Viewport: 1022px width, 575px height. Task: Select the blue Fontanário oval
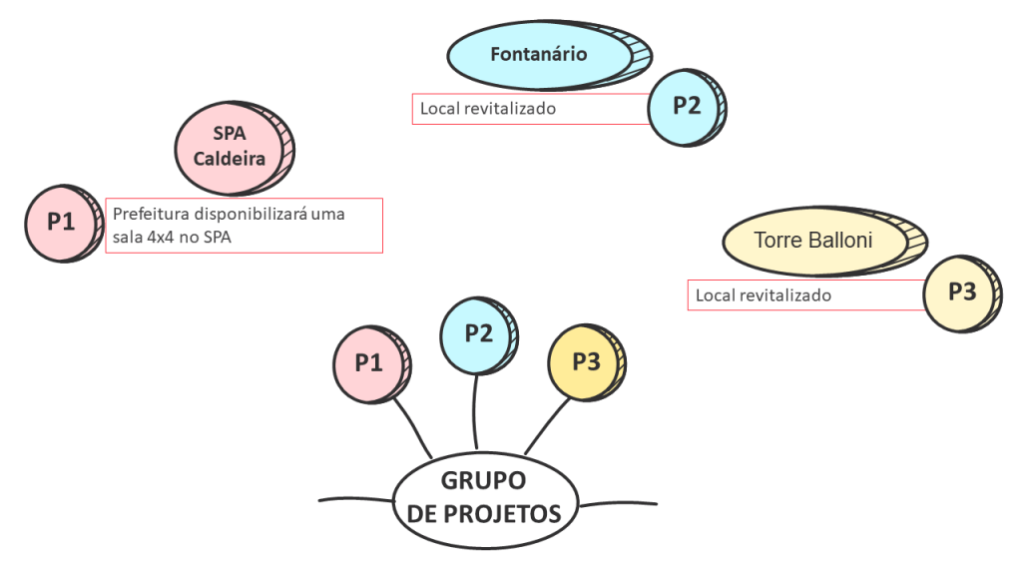pyautogui.click(x=539, y=55)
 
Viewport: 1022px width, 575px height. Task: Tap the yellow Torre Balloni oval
pyautogui.click(x=813, y=242)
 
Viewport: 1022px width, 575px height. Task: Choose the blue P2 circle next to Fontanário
pyautogui.click(x=686, y=107)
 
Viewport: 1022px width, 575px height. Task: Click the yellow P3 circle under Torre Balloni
pyautogui.click(x=960, y=292)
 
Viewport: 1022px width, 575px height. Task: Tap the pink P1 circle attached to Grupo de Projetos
pyautogui.click(x=368, y=363)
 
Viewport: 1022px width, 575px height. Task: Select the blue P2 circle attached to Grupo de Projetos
pyautogui.click(x=478, y=333)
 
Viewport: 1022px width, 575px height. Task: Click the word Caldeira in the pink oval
pyautogui.click(x=229, y=158)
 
